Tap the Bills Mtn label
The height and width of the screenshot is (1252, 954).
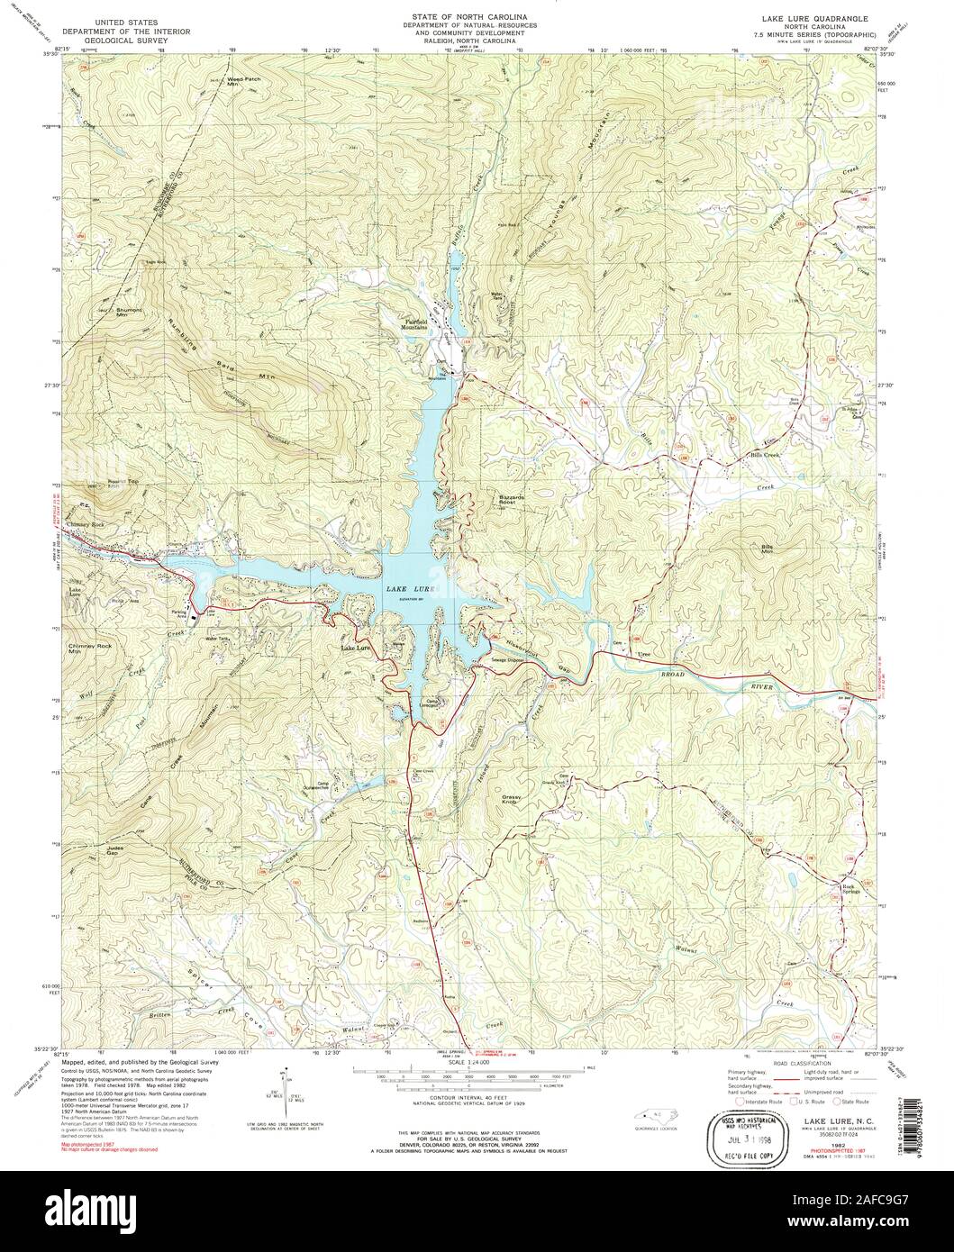click(767, 549)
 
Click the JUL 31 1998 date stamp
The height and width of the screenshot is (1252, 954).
click(743, 1137)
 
